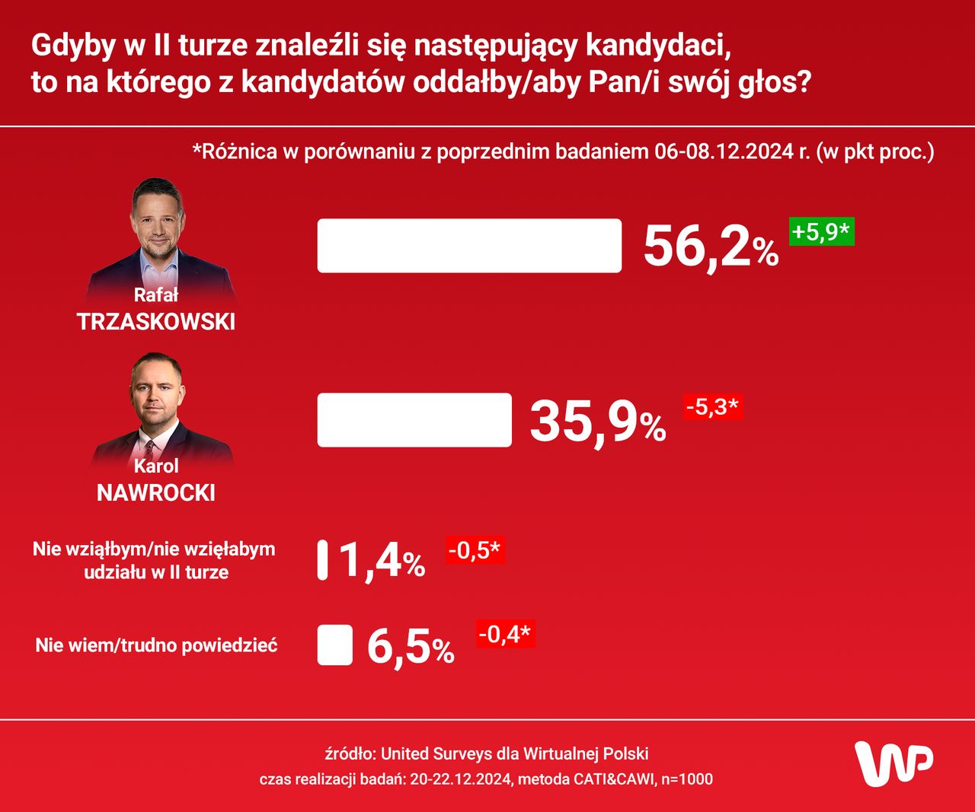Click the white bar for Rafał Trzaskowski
tap(469, 246)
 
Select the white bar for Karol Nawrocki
tap(414, 420)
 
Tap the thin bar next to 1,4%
tap(323, 560)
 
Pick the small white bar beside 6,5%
tap(335, 645)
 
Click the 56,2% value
tap(711, 247)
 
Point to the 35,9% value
tap(598, 421)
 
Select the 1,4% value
tap(381, 561)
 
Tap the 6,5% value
tap(411, 647)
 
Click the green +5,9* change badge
tap(821, 231)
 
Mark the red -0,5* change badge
tap(475, 550)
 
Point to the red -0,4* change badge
tap(506, 633)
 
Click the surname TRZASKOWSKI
tap(156, 322)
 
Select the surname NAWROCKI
tap(156, 493)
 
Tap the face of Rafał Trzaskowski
tap(158, 221)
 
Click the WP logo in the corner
tap(893, 763)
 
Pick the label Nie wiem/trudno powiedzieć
tap(156, 645)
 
